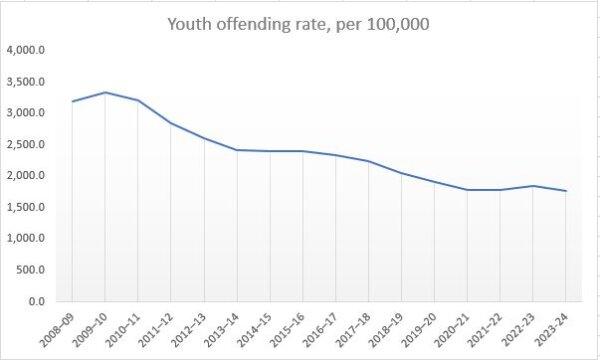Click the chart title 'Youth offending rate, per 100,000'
(x=300, y=24)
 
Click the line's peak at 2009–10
(x=105, y=92)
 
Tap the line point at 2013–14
(x=237, y=150)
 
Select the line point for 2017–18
(x=369, y=161)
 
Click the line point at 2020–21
(x=467, y=190)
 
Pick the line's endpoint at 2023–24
(x=566, y=191)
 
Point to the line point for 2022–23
(x=533, y=186)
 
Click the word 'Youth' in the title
(x=194, y=24)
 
